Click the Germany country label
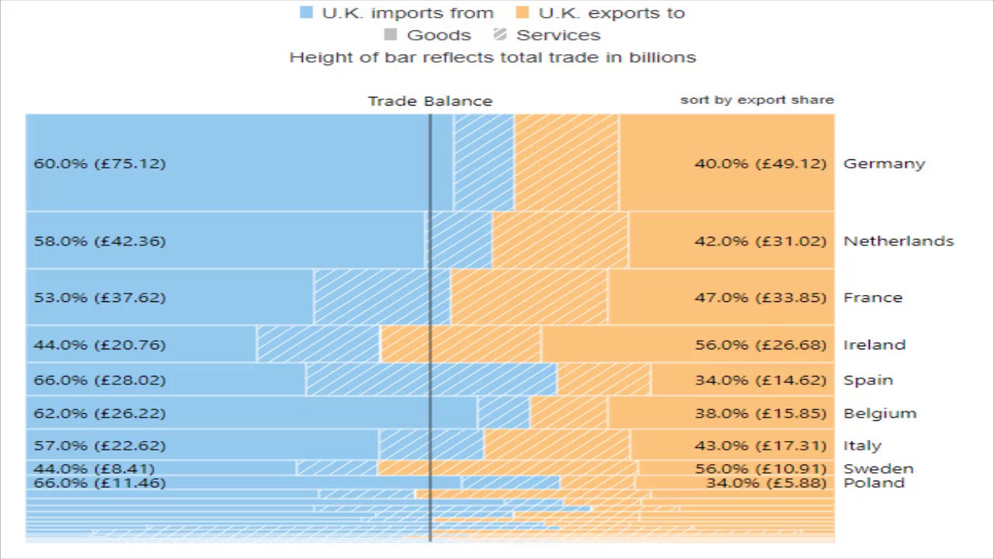click(x=884, y=164)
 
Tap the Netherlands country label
click(x=898, y=241)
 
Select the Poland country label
click(x=874, y=483)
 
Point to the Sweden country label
click(x=878, y=468)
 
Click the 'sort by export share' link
click(x=756, y=99)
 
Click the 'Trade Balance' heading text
click(x=429, y=101)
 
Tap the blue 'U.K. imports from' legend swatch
click(x=307, y=12)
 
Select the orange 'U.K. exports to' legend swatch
click(x=523, y=12)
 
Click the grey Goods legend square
click(x=391, y=35)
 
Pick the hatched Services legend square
click(x=500, y=35)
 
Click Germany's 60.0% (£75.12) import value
click(x=99, y=164)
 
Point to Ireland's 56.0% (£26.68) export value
click(x=760, y=345)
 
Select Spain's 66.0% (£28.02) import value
click(x=99, y=380)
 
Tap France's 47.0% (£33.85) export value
click(x=760, y=297)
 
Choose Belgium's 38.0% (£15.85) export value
click(x=760, y=413)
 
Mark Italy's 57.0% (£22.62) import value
click(x=99, y=446)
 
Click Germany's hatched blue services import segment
click(x=483, y=162)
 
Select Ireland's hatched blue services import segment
click(x=318, y=344)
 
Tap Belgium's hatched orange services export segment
click(x=568, y=412)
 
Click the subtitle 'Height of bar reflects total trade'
click(x=492, y=57)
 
